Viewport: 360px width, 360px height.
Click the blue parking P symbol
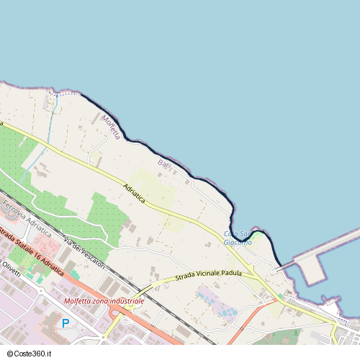66,323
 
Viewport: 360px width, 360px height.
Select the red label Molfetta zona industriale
104,301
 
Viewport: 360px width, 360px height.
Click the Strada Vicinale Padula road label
208,274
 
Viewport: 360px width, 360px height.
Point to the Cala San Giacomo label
238,238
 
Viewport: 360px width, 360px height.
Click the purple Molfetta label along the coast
110,127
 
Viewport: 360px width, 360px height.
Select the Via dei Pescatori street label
84,253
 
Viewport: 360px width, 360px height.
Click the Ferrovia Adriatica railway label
27,220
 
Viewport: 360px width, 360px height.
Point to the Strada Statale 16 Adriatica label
30,248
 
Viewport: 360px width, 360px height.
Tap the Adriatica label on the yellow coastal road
134,194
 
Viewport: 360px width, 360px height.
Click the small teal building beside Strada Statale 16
75,274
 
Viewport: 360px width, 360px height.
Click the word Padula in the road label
231,273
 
